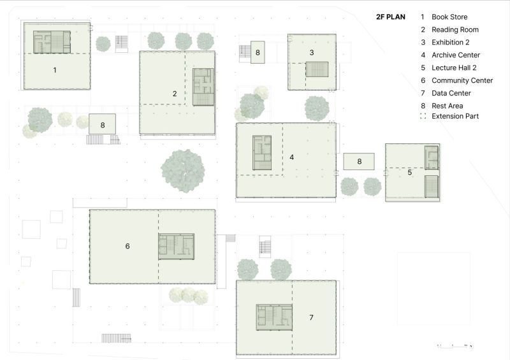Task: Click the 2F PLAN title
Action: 391,17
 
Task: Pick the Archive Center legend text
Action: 456,55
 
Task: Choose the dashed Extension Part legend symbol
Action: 423,116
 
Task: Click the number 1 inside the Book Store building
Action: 55,70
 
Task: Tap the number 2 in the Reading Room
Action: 175,94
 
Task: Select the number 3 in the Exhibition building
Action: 312,52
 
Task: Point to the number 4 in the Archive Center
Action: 292,157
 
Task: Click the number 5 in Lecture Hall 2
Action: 410,173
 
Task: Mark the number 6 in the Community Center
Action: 127,246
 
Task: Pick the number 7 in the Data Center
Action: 311,317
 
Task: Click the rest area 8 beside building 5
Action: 359,161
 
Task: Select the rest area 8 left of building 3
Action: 258,52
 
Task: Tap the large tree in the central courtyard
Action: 183,171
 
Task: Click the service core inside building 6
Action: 177,247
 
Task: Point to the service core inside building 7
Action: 274,317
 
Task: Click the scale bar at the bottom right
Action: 455,346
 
